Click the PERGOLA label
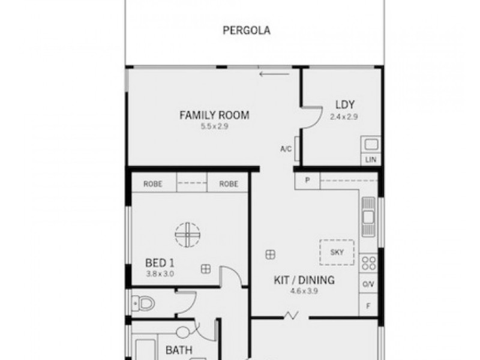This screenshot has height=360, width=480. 246,31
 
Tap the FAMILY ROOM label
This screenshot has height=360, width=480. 214,116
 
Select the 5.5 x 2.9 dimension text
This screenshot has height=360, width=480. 214,127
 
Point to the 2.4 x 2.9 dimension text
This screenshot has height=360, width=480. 343,117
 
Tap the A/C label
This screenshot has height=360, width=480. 286,149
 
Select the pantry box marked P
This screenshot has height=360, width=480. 307,181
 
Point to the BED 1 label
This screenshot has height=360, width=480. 160,263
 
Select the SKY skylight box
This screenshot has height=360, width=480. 337,252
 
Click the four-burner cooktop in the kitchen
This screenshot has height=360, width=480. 368,262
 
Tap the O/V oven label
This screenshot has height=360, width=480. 368,284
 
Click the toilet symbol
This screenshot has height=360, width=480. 144,303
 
